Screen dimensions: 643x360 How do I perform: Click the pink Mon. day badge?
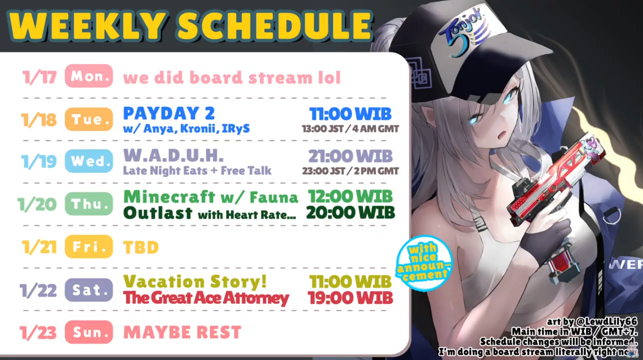[89, 76]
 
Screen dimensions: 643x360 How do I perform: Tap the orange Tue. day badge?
[89, 119]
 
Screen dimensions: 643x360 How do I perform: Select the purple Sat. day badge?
[89, 290]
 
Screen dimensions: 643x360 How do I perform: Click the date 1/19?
[39, 161]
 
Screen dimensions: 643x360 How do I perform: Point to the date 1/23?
[38, 333]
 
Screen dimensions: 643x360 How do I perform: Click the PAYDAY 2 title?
[169, 113]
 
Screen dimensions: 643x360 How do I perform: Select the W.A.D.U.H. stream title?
[173, 155]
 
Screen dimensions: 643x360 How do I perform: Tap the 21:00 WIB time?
[350, 156]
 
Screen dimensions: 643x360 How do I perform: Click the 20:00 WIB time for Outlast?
[350, 213]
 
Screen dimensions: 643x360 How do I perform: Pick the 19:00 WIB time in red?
[350, 298]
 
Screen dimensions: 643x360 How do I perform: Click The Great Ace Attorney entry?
[206, 298]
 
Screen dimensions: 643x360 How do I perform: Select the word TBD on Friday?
[141, 247]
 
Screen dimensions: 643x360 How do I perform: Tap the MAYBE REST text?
[182, 333]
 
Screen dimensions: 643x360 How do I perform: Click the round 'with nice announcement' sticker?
[424, 263]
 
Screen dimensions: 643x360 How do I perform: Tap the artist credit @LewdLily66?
[606, 321]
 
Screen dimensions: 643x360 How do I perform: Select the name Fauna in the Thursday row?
[274, 197]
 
